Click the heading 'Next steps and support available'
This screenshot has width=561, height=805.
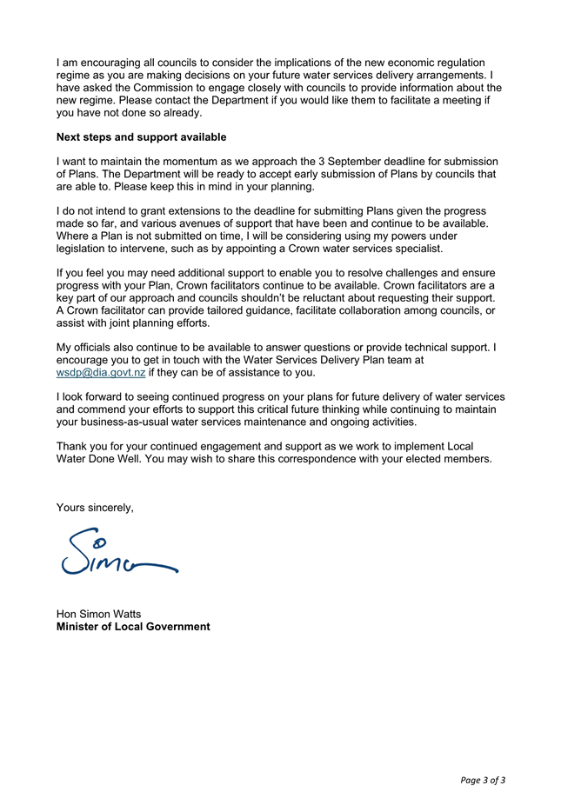tap(141, 137)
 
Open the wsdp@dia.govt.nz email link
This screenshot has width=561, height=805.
tap(100, 373)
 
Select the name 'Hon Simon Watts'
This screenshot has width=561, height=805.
tap(98, 614)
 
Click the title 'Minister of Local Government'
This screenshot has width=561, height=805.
tap(133, 627)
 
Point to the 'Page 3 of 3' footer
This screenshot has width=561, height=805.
tap(483, 780)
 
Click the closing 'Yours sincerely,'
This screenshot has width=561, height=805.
tap(95, 507)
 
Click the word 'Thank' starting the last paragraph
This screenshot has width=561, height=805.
tap(73, 447)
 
